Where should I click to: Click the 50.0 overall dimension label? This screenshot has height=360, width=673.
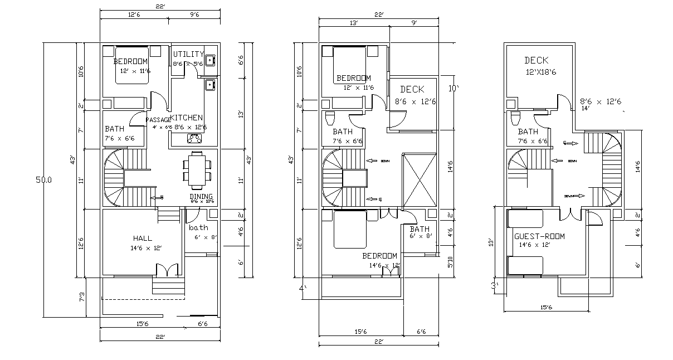(43, 180)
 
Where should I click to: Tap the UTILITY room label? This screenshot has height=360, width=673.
(188, 54)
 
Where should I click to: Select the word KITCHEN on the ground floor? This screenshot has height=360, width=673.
(186, 118)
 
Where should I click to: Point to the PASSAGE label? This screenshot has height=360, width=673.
(158, 120)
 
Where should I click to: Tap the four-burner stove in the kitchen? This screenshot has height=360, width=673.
(194, 138)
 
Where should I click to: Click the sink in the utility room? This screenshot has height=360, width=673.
(210, 60)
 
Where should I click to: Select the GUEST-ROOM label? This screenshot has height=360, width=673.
(539, 236)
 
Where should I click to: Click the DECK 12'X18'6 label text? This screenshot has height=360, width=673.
(537, 60)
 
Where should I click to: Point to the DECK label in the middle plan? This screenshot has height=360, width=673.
(412, 89)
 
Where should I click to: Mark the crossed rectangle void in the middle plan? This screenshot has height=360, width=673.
(417, 179)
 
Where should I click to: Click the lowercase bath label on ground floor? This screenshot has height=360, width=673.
(198, 227)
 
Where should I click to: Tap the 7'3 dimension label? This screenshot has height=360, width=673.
(82, 298)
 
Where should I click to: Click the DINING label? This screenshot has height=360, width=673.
(201, 197)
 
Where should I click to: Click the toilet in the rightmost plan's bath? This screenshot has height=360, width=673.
(515, 118)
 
